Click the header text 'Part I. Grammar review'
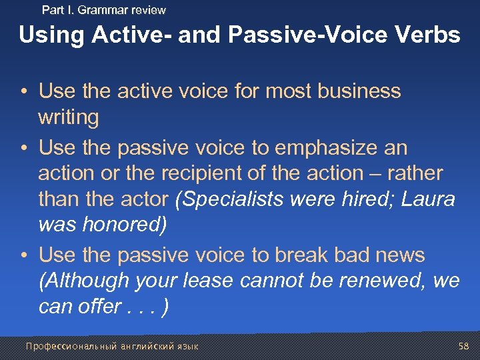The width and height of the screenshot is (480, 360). (103, 10)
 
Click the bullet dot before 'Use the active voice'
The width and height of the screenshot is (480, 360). (24, 91)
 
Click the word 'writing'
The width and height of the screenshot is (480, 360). (68, 117)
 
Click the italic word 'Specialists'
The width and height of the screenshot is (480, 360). (229, 199)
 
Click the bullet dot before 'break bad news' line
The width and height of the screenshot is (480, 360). (24, 255)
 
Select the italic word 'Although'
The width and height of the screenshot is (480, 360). (84, 281)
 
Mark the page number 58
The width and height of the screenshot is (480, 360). (464, 346)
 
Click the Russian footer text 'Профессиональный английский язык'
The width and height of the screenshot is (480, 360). (111, 346)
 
